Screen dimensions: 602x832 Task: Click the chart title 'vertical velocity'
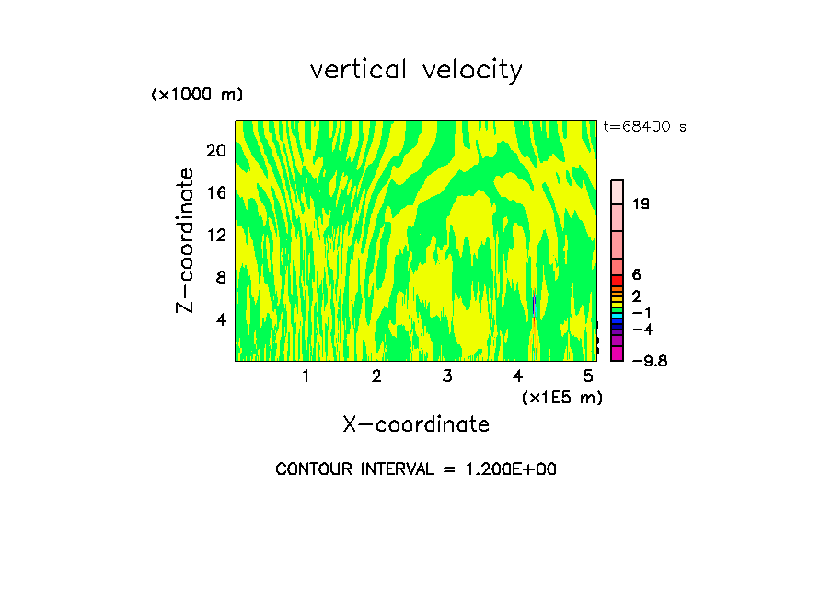click(x=416, y=70)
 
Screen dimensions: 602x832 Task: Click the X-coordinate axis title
click(x=416, y=424)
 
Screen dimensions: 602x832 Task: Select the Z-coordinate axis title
click(x=186, y=240)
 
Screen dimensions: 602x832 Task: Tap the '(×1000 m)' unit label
click(x=196, y=96)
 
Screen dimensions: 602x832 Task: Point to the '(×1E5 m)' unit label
click(x=561, y=397)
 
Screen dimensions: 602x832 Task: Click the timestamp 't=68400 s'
click(x=645, y=127)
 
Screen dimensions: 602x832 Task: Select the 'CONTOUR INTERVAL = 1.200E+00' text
click(x=416, y=469)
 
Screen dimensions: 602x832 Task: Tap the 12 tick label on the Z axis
click(x=215, y=235)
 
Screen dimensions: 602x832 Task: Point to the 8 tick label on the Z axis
click(x=221, y=277)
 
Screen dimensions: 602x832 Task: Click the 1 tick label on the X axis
click(x=306, y=376)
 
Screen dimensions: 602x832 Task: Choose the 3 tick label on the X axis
click(x=446, y=376)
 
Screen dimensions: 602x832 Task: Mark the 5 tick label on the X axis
click(x=588, y=376)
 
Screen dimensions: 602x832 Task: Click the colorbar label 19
click(x=641, y=204)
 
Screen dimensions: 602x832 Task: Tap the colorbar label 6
click(x=636, y=275)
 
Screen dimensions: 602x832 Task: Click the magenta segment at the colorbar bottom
click(x=618, y=353)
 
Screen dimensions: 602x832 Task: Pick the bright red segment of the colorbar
click(x=618, y=280)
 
